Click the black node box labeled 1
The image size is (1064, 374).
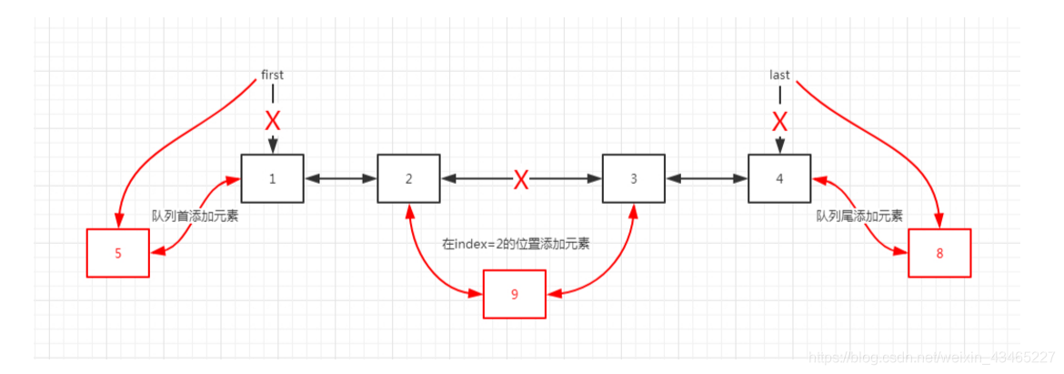(x=272, y=178)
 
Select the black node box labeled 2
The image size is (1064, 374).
(x=408, y=178)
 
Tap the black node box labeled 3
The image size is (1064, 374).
(x=634, y=178)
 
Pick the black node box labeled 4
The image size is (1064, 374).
(x=779, y=178)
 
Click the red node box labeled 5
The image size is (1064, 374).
(x=117, y=253)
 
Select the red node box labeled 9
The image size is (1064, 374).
(x=515, y=294)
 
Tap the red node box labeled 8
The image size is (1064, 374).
(x=939, y=253)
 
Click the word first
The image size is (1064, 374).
(x=272, y=75)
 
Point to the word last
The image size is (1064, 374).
(x=779, y=75)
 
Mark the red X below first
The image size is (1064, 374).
(x=272, y=120)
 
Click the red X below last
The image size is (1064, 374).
(x=779, y=120)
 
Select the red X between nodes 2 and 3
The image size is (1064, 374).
(x=521, y=179)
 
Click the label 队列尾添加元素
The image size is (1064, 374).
(x=859, y=217)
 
